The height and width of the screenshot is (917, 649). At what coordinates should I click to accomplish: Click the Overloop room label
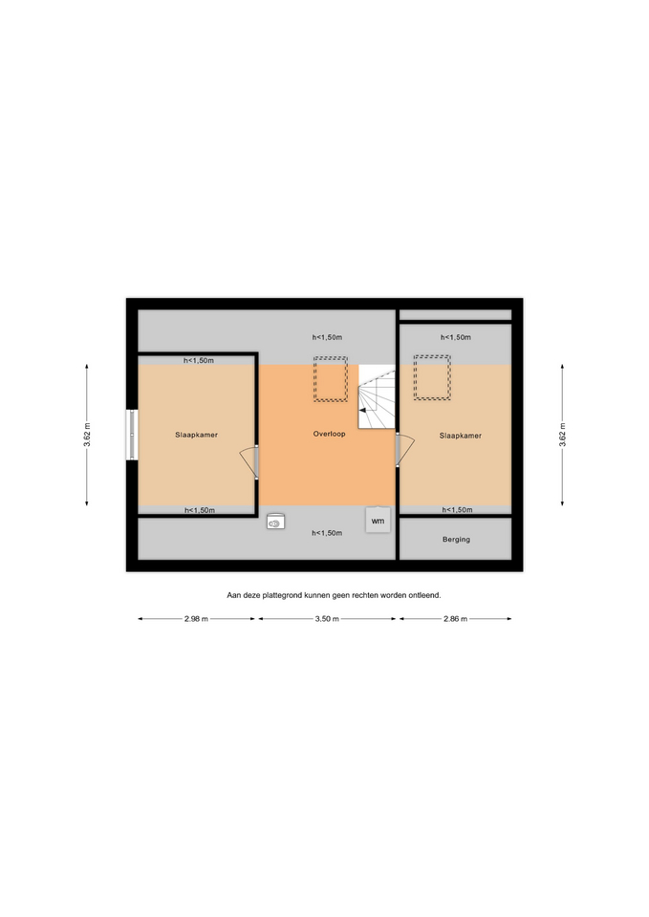coord(329,434)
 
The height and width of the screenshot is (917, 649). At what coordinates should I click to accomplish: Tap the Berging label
coord(456,540)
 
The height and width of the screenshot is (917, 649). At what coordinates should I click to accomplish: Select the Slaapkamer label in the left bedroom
coord(196,436)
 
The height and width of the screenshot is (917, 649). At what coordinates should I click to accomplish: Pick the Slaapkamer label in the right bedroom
coord(461,436)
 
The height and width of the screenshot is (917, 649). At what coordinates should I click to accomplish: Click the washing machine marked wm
coord(379,520)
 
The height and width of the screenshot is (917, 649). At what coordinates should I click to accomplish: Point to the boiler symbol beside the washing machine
coord(275,522)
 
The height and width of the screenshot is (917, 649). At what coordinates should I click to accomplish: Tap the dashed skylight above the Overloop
coord(331,379)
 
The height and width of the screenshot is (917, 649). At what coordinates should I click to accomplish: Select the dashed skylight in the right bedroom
coord(432,378)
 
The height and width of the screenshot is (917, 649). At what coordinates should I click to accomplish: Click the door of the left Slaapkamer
coord(250,461)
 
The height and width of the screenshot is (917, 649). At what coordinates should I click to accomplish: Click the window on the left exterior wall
coord(132,435)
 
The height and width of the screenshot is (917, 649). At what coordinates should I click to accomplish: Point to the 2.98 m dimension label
coord(196,619)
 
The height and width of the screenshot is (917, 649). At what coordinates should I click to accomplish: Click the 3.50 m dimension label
coord(327,619)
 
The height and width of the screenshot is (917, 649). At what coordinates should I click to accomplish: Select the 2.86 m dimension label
coord(455,619)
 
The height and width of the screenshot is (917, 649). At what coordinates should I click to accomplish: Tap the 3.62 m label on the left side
coord(87,435)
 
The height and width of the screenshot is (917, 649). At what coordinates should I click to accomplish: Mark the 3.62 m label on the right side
coord(562,435)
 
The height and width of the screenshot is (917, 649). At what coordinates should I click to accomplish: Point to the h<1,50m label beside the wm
coord(327,533)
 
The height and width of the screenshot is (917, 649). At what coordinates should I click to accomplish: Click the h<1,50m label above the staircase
coord(327,337)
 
